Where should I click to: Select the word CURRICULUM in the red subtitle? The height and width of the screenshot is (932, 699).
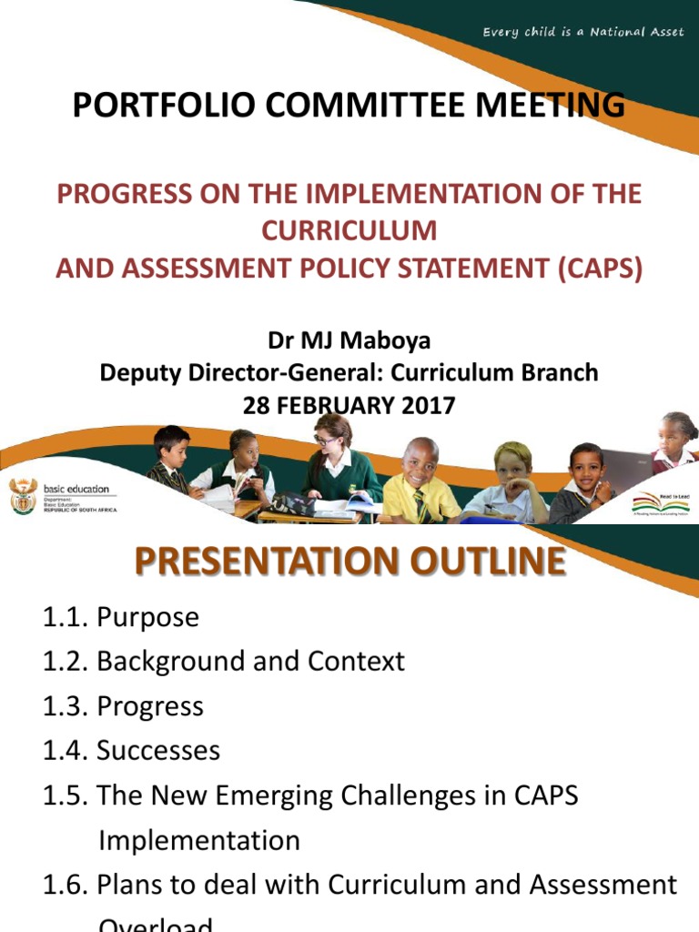click(349, 231)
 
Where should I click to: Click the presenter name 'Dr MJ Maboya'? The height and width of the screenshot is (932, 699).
click(349, 341)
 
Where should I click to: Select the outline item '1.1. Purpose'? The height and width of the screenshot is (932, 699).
click(120, 617)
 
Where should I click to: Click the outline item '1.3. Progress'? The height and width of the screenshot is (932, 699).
click(123, 706)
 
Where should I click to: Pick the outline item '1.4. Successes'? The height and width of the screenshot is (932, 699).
click(131, 751)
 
